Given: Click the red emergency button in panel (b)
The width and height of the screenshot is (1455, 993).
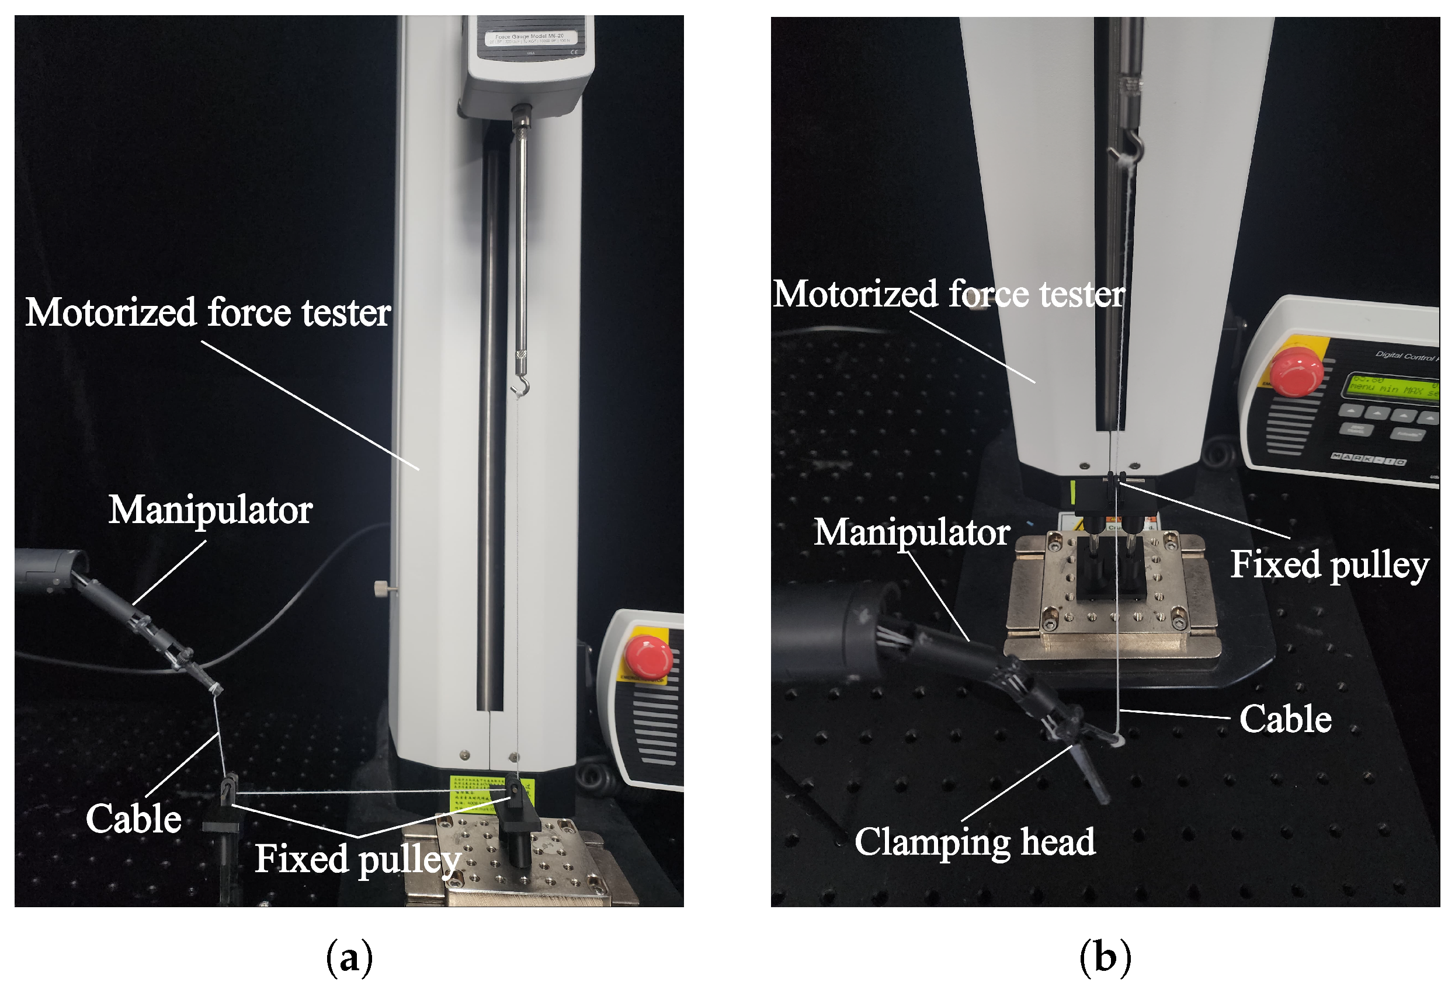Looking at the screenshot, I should coord(1298,372).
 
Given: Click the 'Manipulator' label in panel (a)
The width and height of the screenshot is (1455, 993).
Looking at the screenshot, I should coord(210,510).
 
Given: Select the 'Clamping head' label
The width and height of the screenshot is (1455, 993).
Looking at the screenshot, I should coord(974,842).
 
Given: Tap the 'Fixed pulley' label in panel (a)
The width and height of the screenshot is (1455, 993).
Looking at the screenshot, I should coord(357,859).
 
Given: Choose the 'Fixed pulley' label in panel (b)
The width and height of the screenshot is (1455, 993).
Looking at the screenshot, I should coord(1329,565).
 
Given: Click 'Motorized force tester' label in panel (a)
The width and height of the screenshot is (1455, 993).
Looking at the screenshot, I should coord(208,312).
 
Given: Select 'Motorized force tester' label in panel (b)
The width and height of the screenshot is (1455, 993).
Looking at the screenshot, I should coord(949,294).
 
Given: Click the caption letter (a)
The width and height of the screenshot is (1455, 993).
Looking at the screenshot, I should coord(349,957).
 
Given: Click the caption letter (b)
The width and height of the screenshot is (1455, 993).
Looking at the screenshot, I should coord(1105,957).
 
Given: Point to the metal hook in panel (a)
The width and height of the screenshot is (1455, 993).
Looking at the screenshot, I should coord(521,386).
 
